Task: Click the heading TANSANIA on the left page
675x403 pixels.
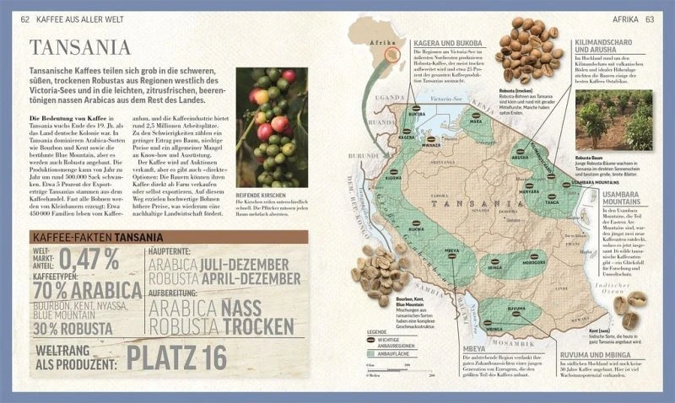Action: (x=80, y=47)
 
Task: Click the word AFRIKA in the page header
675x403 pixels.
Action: (x=623, y=19)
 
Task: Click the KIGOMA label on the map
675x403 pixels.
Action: (x=393, y=178)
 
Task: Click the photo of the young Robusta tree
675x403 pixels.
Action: (x=626, y=121)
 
